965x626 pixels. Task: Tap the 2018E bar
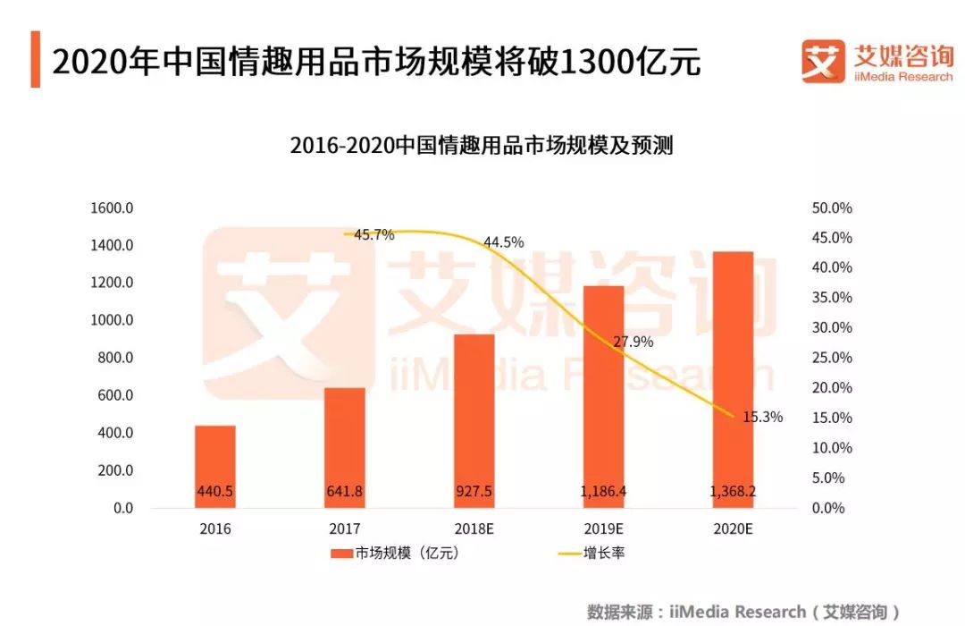click(474, 420)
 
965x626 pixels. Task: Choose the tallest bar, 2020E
click(732, 379)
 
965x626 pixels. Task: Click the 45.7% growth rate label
click(374, 235)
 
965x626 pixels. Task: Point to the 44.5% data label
click(504, 242)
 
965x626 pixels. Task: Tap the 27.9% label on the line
click(633, 342)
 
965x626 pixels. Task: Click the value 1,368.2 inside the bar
click(732, 491)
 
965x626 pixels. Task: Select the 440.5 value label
click(215, 491)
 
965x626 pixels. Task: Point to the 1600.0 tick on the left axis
click(112, 208)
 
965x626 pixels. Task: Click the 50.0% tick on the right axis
click(832, 208)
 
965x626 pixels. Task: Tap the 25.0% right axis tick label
click(832, 358)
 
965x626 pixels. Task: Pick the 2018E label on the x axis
click(474, 529)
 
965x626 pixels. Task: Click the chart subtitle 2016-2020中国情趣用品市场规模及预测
click(482, 146)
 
